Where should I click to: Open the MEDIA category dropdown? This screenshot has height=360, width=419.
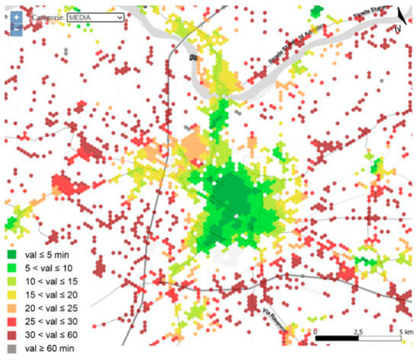click(x=95, y=15)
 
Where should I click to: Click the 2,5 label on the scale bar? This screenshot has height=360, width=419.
click(x=358, y=331)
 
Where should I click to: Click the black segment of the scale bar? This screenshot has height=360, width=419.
click(x=336, y=338)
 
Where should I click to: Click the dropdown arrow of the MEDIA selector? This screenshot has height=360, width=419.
click(x=120, y=15)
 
